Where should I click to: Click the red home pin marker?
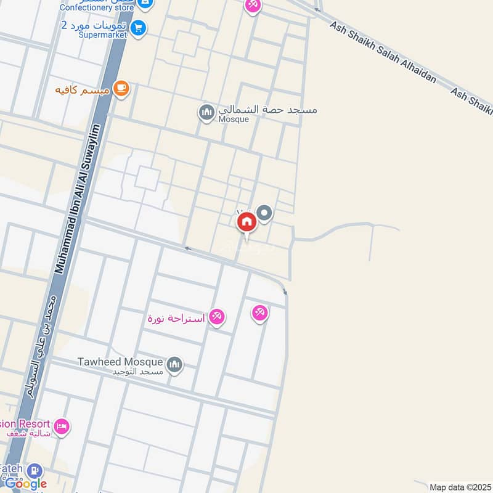[246, 222]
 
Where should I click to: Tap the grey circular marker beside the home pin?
[265, 214]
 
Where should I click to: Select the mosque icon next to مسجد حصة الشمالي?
[205, 113]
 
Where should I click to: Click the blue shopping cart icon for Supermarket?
[138, 28]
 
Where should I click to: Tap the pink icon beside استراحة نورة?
[216, 318]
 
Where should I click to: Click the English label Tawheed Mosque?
[120, 362]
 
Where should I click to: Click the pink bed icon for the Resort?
[61, 426]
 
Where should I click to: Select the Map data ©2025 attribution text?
[459, 487]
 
